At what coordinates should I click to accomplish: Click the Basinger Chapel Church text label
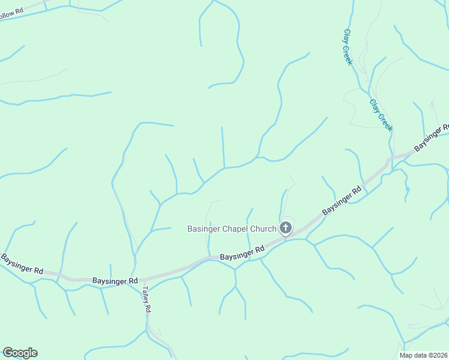(232, 229)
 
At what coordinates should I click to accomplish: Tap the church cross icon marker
(285, 228)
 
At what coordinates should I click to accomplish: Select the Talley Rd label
(146, 298)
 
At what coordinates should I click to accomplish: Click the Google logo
(20, 353)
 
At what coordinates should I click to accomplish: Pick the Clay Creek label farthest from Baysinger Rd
(348, 47)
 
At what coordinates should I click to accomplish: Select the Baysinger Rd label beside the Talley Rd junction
(115, 280)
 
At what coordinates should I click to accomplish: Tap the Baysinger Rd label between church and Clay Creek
(342, 200)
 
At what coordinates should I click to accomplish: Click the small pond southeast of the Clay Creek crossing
(407, 190)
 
